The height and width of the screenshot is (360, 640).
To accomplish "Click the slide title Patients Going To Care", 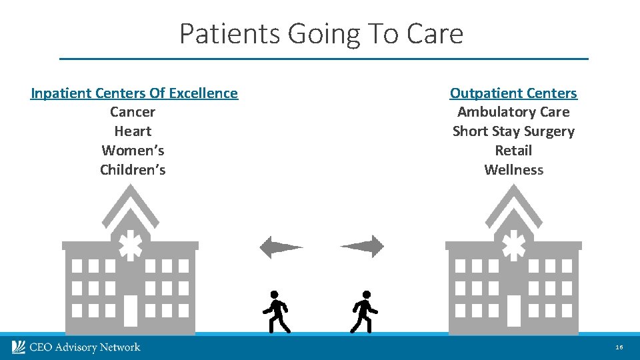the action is pos(321,33).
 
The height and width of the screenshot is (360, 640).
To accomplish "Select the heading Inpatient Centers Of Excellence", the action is pos(134,93).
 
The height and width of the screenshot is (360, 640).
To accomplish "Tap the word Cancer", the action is pos(133,112).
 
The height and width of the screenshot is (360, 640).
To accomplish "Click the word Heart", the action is pos(133,131).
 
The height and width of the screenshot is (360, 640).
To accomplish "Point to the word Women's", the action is pos(133,151).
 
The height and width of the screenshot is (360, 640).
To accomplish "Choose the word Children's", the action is pos(133,170).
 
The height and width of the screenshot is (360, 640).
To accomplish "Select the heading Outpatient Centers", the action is pos(513,93).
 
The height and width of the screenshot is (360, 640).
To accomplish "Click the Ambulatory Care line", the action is pos(513,112).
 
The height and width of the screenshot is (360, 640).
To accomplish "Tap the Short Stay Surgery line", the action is pos(513,131).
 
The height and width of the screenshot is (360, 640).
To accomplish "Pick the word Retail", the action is pos(513,151).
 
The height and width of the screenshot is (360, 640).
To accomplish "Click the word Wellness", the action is pos(513,170).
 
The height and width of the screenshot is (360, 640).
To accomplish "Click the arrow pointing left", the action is pos(280,247).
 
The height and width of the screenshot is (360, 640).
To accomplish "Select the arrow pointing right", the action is pos(363,247).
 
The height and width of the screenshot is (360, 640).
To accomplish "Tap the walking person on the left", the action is pos(275,311).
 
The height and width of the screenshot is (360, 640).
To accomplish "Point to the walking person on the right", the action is pos(364,311).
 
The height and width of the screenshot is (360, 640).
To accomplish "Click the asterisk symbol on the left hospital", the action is pos(131,245).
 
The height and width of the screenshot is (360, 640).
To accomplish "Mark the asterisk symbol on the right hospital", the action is pos(513,245).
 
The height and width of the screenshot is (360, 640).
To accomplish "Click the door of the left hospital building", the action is pos(131,310).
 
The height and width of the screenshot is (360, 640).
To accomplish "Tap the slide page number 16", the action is pos(619,347).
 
